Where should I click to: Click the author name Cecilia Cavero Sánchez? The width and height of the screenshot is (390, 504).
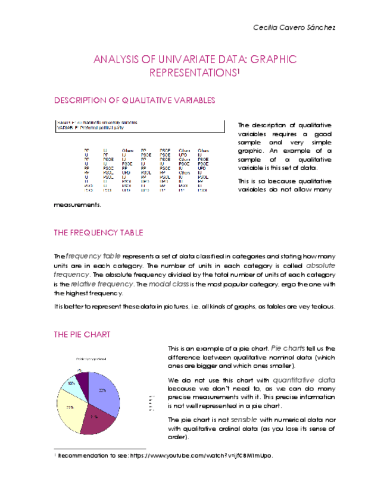[294, 28]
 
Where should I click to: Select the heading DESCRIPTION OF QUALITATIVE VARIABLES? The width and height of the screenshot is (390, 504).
[135, 100]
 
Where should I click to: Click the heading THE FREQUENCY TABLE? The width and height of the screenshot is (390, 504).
[98, 232]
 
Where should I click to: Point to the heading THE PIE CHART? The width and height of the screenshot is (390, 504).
[82, 335]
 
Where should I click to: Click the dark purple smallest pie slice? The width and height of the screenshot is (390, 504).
[83, 376]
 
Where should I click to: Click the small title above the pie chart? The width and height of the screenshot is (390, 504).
[91, 359]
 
